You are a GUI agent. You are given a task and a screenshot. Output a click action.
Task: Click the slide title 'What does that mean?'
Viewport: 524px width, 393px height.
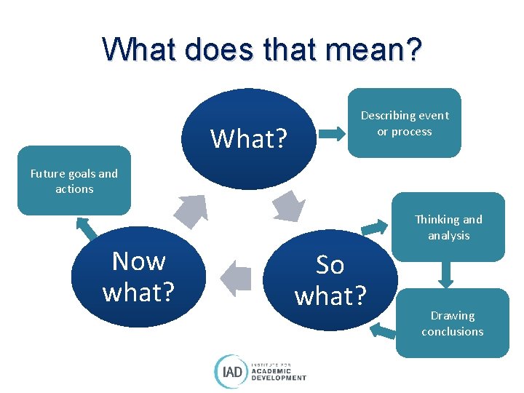click(262, 49)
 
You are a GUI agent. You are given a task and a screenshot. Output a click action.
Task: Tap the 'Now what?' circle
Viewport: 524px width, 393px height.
click(138, 277)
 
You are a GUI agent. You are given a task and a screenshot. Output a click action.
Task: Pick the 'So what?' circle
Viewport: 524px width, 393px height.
click(330, 280)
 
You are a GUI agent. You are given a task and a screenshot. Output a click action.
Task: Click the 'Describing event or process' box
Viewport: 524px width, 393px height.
click(404, 123)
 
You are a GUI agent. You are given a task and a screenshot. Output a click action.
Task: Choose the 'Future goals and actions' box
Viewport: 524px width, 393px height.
click(74, 180)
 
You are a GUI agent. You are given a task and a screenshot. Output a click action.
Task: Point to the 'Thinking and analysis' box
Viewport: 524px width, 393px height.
click(448, 227)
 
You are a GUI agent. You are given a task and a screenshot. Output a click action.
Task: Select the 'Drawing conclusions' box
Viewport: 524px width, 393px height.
click(452, 323)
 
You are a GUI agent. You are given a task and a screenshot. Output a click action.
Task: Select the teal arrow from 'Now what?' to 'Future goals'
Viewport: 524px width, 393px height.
click(87, 228)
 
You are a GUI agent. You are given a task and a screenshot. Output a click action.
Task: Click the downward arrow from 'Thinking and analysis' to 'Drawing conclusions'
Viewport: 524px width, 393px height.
click(446, 274)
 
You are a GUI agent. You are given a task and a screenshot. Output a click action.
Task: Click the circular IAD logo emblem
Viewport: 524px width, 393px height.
click(230, 370)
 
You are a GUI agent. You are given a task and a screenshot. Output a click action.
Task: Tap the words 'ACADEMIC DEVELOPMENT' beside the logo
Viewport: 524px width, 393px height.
click(279, 373)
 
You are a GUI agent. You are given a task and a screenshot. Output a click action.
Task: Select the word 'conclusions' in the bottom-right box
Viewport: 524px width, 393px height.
click(452, 331)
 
